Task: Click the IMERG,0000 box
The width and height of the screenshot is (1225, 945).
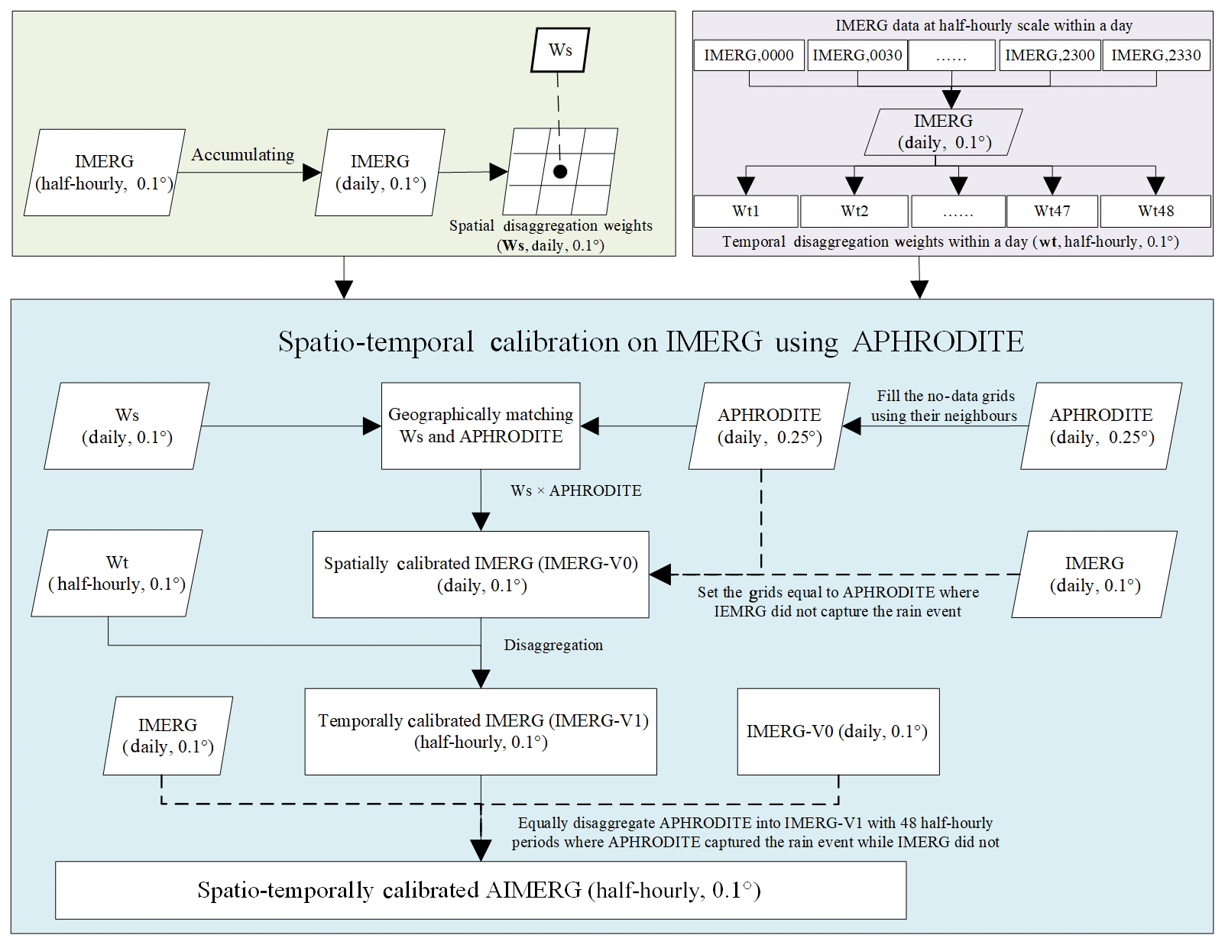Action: click(x=749, y=56)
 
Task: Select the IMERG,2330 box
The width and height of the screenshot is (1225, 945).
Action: click(x=1155, y=56)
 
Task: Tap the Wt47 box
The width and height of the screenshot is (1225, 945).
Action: click(x=1052, y=212)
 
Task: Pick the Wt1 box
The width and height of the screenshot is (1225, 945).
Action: click(x=746, y=212)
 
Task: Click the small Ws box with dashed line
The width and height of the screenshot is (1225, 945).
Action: click(x=560, y=50)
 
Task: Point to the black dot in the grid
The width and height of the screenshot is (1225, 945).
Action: click(x=560, y=172)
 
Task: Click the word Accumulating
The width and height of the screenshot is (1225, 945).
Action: click(x=242, y=155)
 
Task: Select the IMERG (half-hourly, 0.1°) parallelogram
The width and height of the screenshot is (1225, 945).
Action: click(x=105, y=173)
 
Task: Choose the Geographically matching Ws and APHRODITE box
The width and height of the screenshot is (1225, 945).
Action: click(x=481, y=426)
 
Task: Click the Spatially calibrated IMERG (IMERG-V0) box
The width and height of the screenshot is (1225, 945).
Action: click(x=481, y=574)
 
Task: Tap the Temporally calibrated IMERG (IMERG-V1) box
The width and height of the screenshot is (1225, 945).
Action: click(x=481, y=732)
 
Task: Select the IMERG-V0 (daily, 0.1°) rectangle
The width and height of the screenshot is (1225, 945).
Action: click(x=838, y=732)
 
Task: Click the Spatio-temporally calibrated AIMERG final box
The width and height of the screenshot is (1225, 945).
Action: click(x=481, y=891)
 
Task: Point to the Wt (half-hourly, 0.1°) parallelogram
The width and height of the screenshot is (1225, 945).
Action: click(x=117, y=574)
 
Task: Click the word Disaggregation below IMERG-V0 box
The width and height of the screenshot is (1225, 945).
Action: click(x=553, y=646)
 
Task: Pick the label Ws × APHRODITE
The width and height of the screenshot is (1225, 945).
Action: click(x=576, y=491)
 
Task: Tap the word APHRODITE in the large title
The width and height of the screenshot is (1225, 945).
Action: click(x=938, y=341)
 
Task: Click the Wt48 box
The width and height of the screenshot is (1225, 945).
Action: click(x=1155, y=212)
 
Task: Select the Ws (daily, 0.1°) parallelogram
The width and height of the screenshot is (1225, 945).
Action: click(x=127, y=426)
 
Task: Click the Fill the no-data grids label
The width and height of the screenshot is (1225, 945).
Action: click(x=945, y=396)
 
